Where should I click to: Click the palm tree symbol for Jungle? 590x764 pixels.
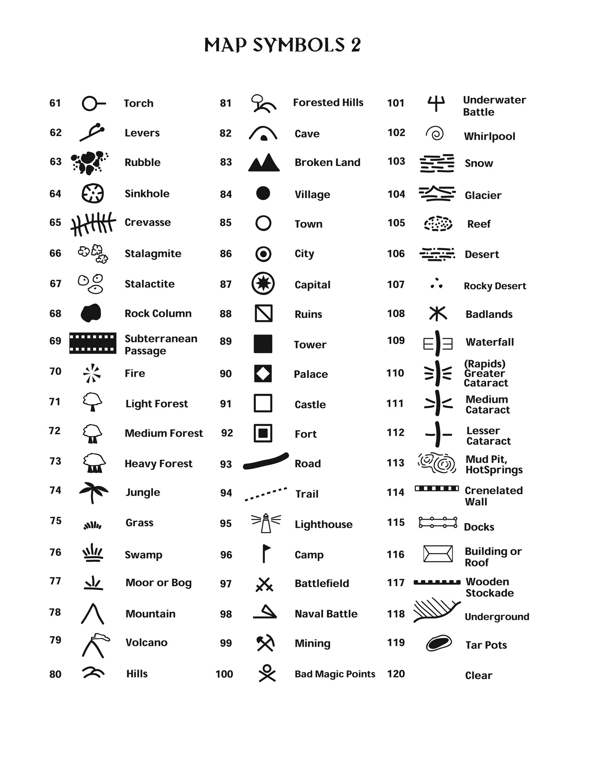[93, 492]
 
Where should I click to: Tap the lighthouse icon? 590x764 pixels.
[266, 523]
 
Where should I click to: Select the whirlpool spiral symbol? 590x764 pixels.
[435, 133]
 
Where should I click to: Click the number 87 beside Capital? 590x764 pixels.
[225, 284]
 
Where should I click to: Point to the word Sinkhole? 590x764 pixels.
[147, 194]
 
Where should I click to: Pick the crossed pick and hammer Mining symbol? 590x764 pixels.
[265, 643]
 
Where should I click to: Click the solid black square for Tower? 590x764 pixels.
[263, 344]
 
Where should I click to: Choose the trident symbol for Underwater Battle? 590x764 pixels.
[436, 103]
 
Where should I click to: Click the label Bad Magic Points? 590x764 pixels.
[335, 674]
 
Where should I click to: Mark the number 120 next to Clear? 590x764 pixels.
[396, 674]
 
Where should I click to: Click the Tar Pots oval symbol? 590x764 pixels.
[438, 643]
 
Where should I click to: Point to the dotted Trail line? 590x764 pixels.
[266, 494]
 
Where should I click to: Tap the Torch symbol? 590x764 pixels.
[93, 103]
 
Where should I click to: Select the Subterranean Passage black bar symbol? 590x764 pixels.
[93, 343]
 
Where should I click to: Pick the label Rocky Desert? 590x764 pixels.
[495, 286]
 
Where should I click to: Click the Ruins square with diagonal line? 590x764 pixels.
[263, 313]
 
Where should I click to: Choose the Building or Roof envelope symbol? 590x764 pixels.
[438, 554]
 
